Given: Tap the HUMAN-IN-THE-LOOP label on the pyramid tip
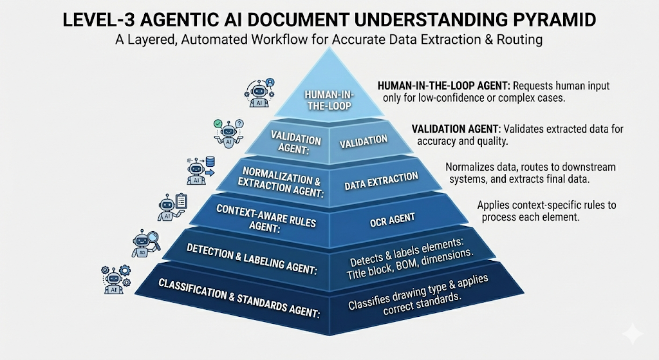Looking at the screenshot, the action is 329,100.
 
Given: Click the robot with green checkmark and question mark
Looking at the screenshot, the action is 228,133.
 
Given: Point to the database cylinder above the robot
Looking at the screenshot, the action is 210,162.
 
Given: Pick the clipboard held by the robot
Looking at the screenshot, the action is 181,201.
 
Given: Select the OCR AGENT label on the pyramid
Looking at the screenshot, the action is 392,220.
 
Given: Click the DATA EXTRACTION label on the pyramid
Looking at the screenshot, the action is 381,181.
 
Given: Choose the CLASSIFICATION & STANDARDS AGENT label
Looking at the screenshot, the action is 239,298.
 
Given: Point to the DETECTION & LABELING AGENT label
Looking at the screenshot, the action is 252,259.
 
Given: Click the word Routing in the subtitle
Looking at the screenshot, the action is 519,39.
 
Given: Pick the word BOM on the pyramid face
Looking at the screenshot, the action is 405,265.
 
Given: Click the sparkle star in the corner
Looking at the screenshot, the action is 633,334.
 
